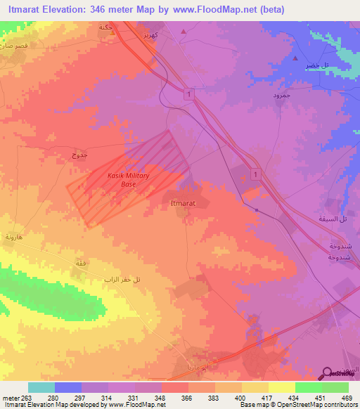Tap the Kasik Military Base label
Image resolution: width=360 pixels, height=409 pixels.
(x=128, y=180)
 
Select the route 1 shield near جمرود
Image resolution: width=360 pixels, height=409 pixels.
(x=188, y=93)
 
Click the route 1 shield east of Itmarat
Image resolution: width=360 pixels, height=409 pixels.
(x=255, y=173)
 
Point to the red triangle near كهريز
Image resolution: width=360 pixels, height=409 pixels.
(x=184, y=32)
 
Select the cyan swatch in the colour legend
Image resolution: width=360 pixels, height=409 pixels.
(x=41, y=387)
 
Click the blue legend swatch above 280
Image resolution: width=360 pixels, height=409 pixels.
(x=68, y=387)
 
